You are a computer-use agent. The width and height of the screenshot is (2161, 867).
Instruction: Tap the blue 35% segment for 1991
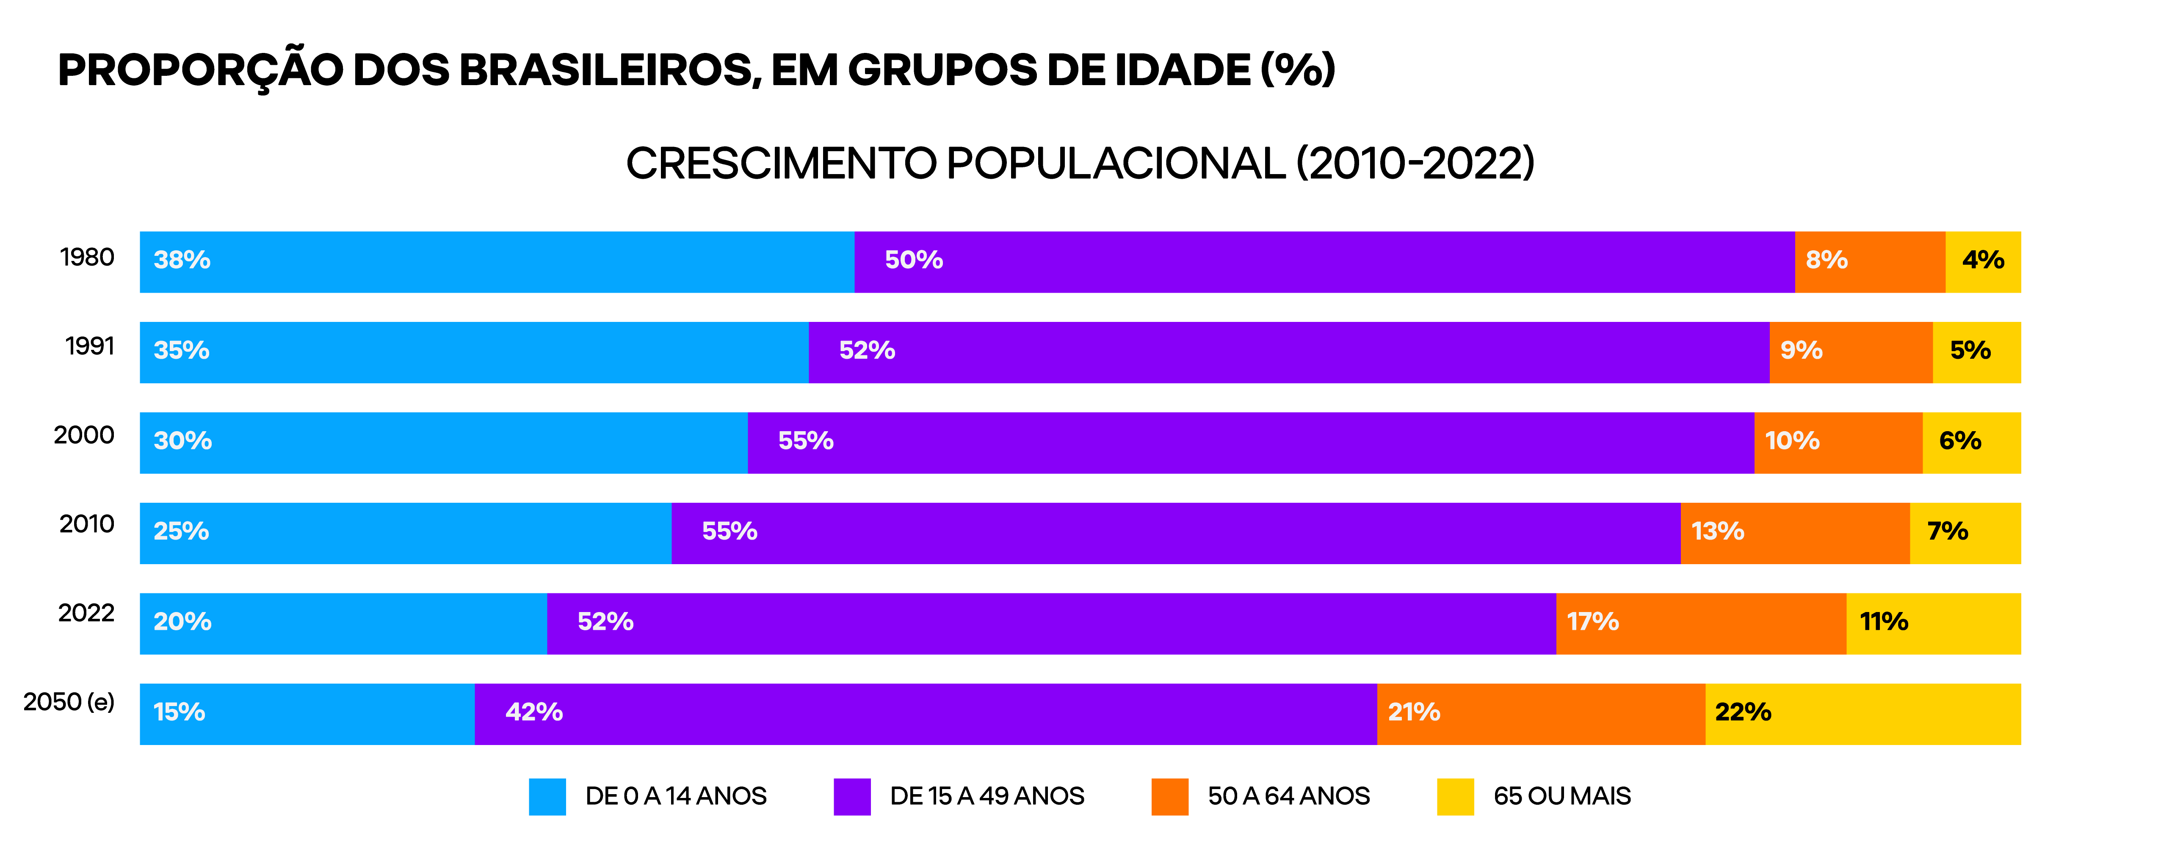coord(474,352)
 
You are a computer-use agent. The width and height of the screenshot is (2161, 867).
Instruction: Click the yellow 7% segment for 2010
coord(1965,533)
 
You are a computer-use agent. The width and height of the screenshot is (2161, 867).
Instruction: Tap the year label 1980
coord(87,257)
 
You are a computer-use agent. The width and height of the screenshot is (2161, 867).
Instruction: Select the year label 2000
coord(84,435)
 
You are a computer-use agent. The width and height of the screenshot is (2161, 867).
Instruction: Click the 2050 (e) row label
coord(69,702)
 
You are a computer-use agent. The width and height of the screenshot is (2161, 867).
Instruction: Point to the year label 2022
coord(86,613)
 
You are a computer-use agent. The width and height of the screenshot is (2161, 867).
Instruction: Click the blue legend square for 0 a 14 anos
coord(547,797)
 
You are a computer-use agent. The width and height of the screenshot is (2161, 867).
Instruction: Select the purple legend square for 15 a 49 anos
coord(851,797)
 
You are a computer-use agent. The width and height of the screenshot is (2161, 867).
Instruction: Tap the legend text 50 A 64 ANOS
coord(1288,796)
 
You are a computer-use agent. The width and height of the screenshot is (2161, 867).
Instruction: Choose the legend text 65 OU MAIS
coord(1562,796)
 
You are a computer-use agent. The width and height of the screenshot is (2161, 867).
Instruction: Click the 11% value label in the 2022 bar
coord(1884,622)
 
